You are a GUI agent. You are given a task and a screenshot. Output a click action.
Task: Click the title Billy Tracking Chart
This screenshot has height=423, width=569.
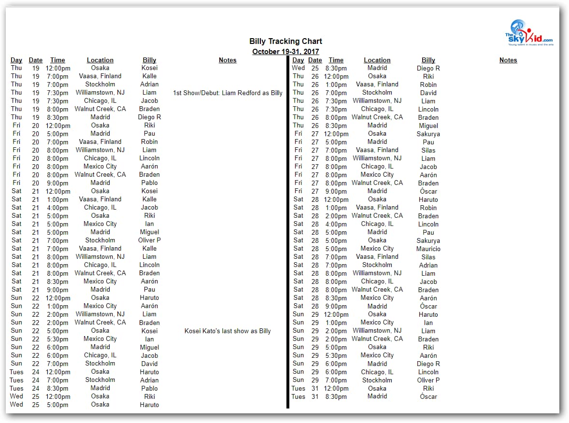point(285,42)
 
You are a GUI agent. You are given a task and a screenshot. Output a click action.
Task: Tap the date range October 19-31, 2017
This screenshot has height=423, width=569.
point(285,52)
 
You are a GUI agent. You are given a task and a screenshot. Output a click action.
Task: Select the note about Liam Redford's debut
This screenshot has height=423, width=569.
point(228,93)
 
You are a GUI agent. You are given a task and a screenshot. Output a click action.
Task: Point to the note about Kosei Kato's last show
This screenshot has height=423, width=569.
point(228,331)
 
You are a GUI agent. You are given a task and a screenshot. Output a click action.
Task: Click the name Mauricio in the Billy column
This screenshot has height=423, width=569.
point(428,249)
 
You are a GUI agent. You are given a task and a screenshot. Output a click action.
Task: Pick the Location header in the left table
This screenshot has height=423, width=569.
point(100,60)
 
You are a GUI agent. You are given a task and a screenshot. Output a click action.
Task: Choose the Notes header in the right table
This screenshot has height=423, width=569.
point(508,60)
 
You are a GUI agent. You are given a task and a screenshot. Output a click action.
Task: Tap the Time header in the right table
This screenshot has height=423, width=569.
point(336,60)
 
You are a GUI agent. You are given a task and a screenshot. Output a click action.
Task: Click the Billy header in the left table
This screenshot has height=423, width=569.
point(149,60)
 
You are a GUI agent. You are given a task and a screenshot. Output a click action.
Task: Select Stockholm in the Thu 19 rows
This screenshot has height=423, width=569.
point(100,85)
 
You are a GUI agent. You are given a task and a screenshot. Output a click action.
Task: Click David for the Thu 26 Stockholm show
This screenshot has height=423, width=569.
point(428,93)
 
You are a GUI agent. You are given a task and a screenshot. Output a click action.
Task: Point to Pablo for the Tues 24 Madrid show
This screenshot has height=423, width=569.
point(149,388)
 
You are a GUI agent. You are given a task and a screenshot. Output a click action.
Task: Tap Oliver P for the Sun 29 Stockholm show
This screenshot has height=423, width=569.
point(428,381)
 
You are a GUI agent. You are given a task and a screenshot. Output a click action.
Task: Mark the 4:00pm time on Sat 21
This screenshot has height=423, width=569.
point(57,208)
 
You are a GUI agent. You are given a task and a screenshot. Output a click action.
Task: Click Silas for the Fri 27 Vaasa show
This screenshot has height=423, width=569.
point(428,150)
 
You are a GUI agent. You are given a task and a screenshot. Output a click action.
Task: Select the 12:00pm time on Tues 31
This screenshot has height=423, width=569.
point(336,389)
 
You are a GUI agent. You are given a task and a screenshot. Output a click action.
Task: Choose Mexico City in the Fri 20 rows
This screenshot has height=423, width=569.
point(100,167)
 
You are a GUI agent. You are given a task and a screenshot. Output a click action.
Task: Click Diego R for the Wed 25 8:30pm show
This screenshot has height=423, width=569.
point(428,69)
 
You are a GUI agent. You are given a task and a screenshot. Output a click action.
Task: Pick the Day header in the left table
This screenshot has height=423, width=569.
point(16,60)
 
